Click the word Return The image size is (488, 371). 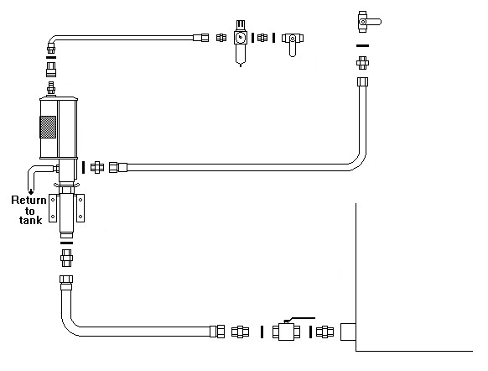(29, 200)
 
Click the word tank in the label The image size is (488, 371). (30, 220)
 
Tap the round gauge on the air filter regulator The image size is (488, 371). (240, 38)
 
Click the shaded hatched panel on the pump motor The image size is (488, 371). (48, 127)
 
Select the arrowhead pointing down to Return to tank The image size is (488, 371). (31, 192)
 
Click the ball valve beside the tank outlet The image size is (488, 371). (286, 332)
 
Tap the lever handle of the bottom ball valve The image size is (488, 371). (299, 319)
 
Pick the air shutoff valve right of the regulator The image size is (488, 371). (293, 42)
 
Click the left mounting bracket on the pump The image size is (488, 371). (53, 208)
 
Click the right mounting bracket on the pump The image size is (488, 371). (80, 208)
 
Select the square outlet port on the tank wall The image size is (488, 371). (348, 332)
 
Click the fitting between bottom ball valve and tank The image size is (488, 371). (325, 332)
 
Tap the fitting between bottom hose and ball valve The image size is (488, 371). (241, 332)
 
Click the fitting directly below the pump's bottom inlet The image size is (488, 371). (66, 258)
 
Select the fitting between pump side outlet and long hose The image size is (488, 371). (97, 168)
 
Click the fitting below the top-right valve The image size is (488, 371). (362, 63)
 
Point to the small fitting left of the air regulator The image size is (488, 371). (221, 38)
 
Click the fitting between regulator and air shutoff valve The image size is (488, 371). (262, 38)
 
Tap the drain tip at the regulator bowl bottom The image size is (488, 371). (241, 65)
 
